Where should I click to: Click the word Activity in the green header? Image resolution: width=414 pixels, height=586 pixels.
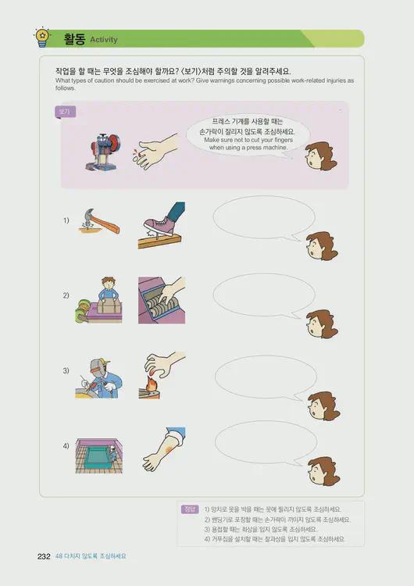(104, 39)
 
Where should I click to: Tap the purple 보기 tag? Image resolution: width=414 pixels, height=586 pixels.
(65, 112)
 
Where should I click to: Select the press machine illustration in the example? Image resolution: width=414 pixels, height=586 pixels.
(105, 147)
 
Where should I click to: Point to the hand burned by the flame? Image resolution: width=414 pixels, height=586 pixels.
(161, 374)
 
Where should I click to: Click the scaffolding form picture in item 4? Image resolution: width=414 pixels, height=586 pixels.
(99, 450)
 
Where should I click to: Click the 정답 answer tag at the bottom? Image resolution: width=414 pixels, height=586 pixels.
(189, 509)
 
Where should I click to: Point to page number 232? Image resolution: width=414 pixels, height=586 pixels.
(45, 556)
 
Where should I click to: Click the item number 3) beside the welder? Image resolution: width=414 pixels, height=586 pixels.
(66, 370)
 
